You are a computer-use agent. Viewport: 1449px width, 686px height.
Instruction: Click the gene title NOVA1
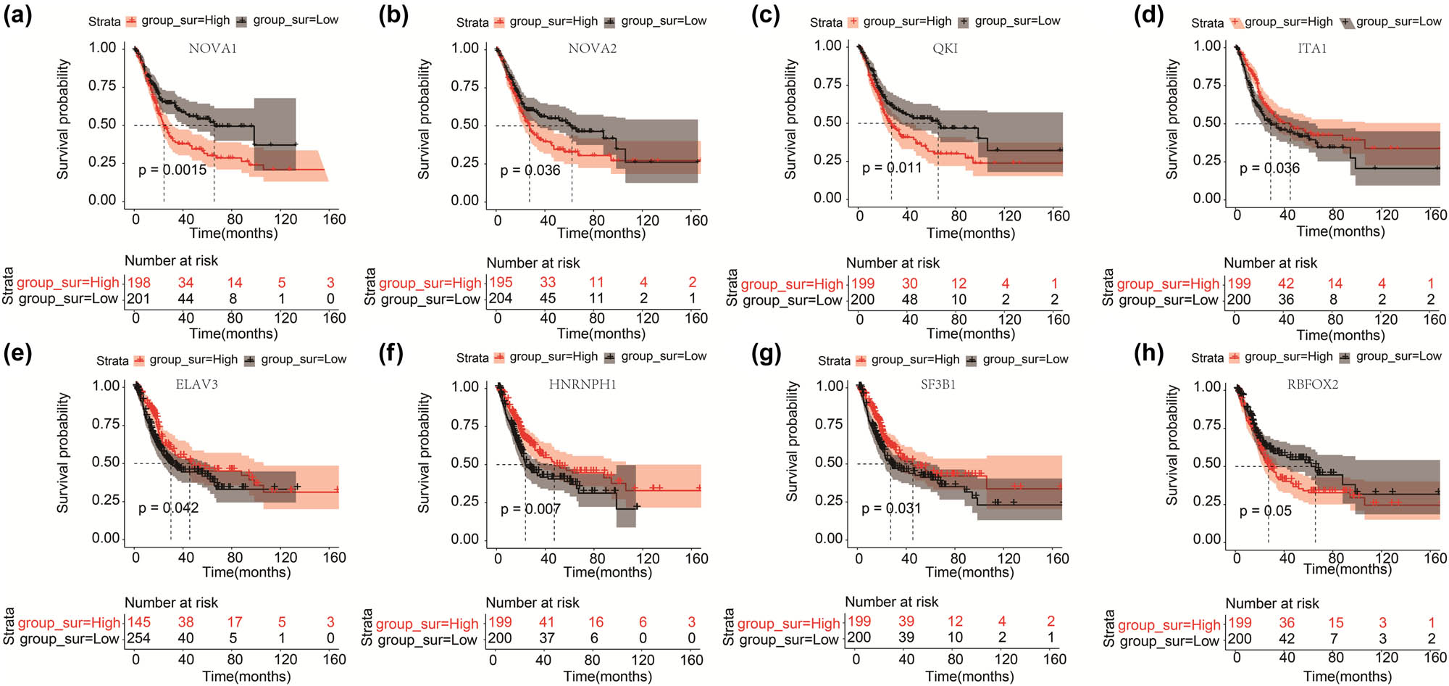click(212, 49)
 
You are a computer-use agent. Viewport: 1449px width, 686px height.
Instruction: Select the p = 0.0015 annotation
click(172, 170)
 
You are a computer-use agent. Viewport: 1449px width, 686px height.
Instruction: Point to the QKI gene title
click(945, 49)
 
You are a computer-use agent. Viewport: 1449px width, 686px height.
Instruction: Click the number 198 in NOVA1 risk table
click(138, 283)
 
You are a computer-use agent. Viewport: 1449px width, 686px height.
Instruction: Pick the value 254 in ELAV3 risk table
click(138, 638)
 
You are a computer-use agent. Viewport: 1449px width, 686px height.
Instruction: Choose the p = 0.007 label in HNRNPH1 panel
click(530, 509)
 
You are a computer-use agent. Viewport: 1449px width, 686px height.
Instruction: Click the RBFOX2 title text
click(1312, 384)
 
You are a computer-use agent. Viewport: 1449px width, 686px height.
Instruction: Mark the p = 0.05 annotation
click(1265, 511)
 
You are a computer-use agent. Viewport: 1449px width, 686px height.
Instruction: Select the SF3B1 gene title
click(938, 384)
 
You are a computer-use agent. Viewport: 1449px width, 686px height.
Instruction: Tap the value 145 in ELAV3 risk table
click(138, 622)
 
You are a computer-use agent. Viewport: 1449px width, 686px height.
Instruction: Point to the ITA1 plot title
click(1312, 49)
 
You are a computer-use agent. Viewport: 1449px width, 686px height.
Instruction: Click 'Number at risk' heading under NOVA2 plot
click(533, 263)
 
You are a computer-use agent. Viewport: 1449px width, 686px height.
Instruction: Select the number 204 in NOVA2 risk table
click(500, 298)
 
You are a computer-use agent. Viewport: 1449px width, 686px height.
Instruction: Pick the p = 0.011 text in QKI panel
click(892, 168)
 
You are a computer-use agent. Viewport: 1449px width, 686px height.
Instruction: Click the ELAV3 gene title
click(196, 384)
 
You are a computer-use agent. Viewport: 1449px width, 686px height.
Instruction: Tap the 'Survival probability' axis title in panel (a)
click(63, 120)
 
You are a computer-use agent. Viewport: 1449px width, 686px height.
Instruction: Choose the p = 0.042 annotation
click(168, 508)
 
